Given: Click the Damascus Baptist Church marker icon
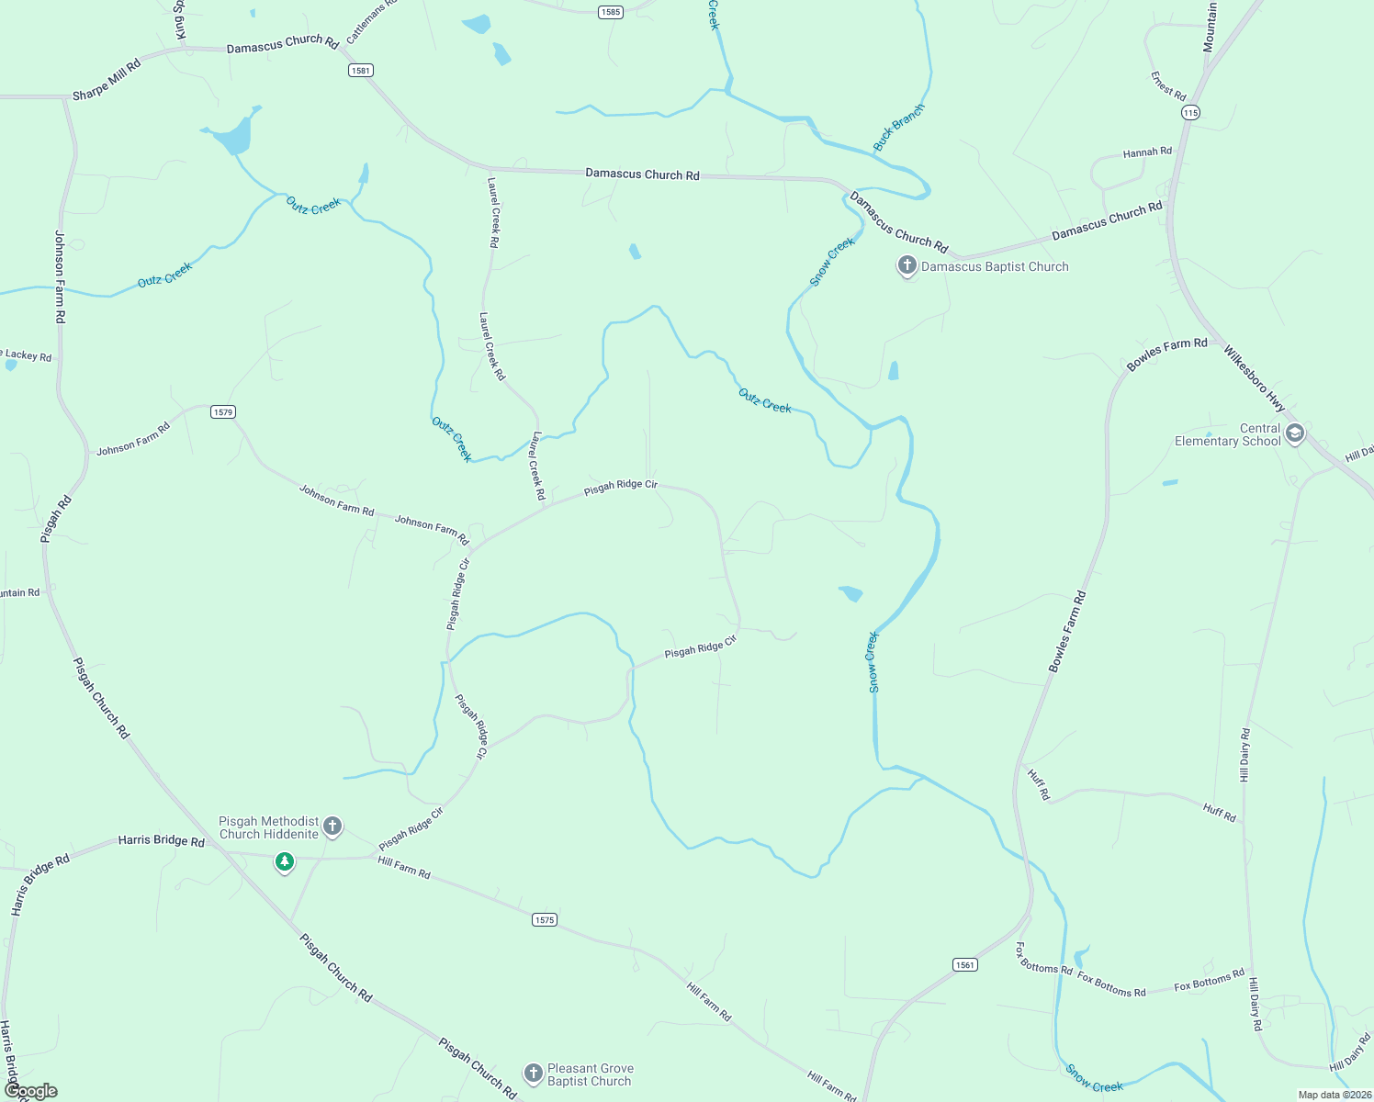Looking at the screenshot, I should pos(907,266).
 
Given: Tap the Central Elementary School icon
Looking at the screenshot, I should pos(1295,433).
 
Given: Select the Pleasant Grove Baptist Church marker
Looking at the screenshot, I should pos(533,1073).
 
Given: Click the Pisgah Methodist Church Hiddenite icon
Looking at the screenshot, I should pos(332,826).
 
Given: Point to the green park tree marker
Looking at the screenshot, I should pos(285,861).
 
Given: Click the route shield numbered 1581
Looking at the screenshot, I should pos(361,71).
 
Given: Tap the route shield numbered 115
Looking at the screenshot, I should pos(1190,113).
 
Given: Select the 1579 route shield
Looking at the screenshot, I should pos(223,412).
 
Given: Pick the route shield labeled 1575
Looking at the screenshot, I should pos(545,919).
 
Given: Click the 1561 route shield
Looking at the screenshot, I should pos(964,964).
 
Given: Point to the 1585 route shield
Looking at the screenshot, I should pos(610,12).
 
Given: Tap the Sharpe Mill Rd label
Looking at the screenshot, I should pos(107,80).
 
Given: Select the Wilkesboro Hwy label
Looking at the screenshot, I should pos(1254,377).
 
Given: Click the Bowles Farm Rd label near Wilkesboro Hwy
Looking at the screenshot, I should pos(1166,354).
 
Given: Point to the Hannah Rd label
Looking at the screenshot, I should pos(1147,152).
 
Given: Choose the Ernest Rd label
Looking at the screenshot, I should pos(1168,86).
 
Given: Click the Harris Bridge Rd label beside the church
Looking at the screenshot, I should pos(161,840).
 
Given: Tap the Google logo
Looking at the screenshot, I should pos(30,1091).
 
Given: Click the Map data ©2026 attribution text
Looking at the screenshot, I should pos(1334,1095).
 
